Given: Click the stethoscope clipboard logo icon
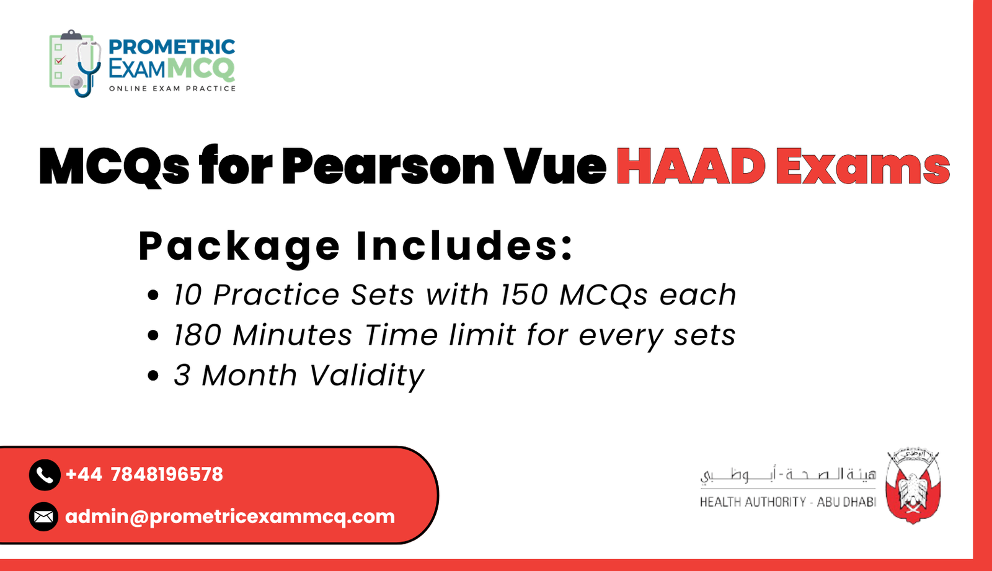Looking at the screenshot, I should pos(74,63).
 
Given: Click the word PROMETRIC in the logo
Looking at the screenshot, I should pos(172,47).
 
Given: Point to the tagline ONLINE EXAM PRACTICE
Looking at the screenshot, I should pos(172,89).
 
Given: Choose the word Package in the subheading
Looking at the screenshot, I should pos(239,246).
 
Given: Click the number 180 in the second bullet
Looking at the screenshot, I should pos(197,335).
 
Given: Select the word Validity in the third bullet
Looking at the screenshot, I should pos(366,376).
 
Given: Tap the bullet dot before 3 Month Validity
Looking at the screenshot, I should pos(153,376).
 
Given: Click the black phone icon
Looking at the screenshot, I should pos(44,475).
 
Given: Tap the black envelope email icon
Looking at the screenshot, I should pos(44,516).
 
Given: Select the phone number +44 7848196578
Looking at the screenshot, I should pos(144,475).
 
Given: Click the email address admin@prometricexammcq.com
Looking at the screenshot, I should pos(230,516).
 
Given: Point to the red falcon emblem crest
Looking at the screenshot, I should pos(913,487).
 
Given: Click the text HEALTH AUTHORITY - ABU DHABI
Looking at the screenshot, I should pos(787,502).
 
